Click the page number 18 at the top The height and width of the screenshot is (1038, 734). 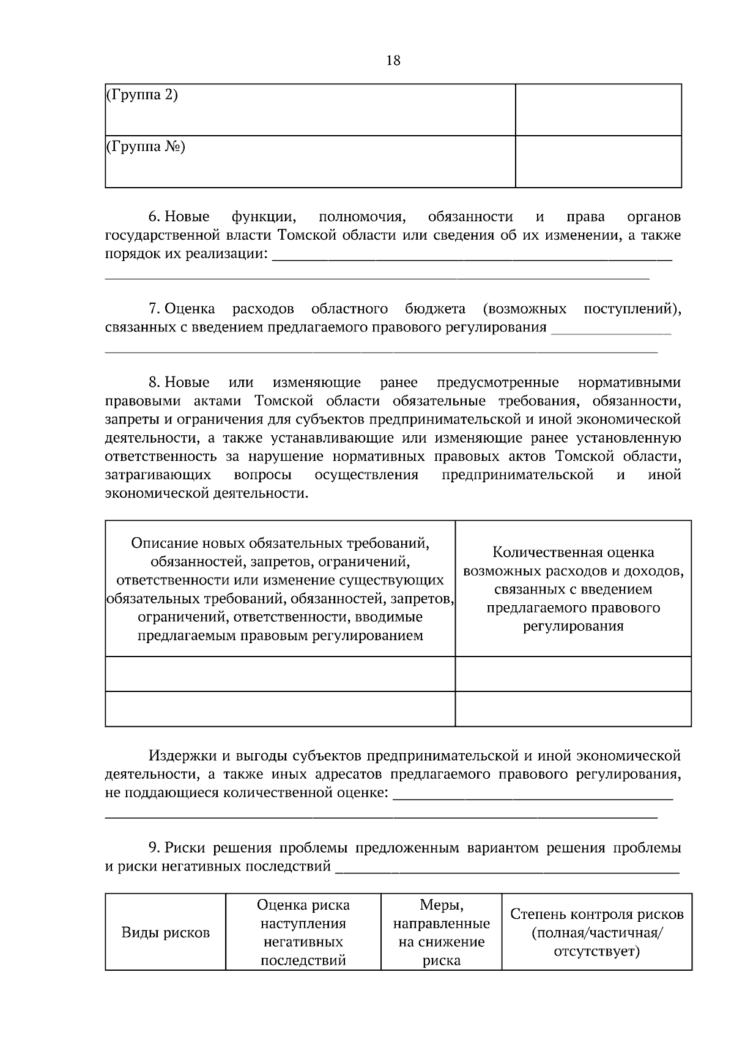(393, 60)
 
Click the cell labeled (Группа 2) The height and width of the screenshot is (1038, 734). (310, 109)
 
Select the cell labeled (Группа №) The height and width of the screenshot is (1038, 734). (310, 161)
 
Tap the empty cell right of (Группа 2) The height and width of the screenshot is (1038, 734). (598, 109)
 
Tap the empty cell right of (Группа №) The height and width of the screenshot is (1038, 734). (598, 161)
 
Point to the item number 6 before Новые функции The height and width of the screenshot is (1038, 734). (154, 217)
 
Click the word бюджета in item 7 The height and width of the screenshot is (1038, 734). (435, 308)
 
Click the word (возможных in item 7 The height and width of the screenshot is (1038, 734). (524, 308)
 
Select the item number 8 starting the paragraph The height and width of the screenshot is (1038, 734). (154, 383)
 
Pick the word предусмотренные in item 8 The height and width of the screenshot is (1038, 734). (497, 383)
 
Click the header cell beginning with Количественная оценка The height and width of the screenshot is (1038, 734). (573, 589)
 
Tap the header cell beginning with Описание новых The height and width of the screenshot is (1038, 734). (280, 589)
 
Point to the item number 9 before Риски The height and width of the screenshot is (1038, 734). (154, 848)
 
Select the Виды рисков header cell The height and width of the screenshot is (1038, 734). (165, 933)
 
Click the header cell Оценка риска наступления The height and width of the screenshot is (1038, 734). (303, 933)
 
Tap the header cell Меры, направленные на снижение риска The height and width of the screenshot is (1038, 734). (441, 933)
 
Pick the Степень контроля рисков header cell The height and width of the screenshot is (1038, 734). (596, 933)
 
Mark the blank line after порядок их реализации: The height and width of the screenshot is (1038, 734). (471, 257)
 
